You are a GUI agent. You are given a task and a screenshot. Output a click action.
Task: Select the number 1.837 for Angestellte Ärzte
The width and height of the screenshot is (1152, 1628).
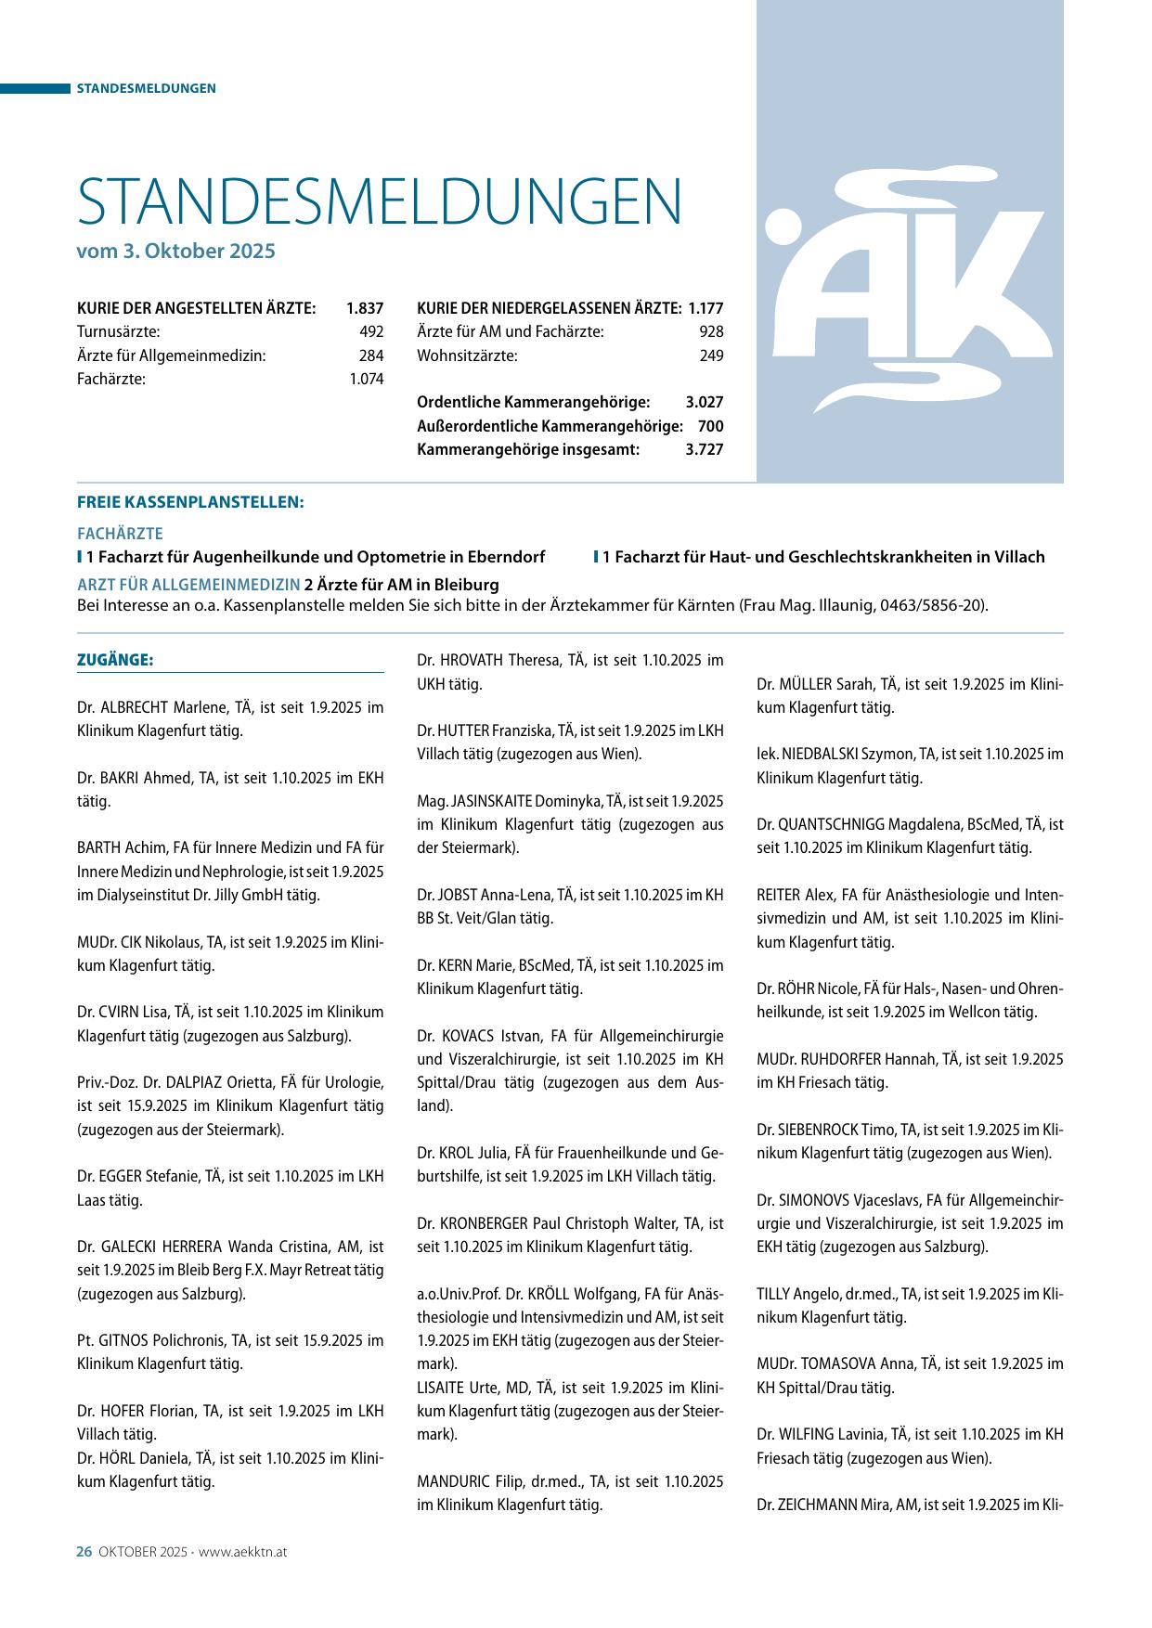[365, 308]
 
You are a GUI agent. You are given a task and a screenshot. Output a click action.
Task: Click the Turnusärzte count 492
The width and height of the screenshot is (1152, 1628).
[371, 331]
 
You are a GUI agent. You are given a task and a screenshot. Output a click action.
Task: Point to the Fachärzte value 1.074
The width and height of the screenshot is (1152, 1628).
[367, 379]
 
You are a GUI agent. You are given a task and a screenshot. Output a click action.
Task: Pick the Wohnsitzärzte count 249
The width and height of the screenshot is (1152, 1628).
[711, 355]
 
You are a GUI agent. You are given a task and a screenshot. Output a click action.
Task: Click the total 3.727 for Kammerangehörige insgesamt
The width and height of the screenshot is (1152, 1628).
[705, 449]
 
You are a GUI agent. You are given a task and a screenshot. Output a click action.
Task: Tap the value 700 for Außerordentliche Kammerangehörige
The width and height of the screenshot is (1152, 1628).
[711, 426]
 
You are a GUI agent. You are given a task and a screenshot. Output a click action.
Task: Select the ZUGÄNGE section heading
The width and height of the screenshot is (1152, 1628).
[114, 660]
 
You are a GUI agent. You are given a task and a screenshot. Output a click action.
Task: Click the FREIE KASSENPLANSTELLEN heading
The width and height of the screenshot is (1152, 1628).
[190, 502]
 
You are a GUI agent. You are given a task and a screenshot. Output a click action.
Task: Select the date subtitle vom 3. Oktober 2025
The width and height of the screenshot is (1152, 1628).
[176, 251]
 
